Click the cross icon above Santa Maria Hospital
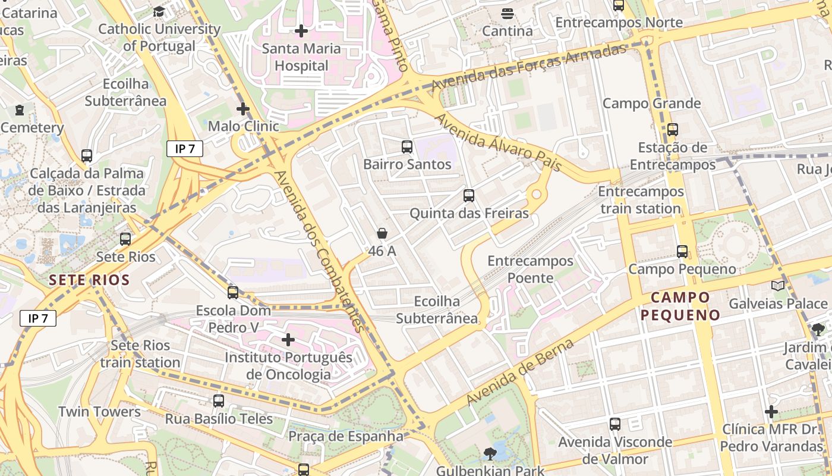[301, 30]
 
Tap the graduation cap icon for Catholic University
[159, 11]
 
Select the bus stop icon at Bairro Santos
[407, 146]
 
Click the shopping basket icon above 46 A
[382, 234]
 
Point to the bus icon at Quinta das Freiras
[469, 195]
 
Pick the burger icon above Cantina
[507, 13]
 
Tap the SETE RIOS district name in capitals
[89, 280]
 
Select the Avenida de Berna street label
[521, 372]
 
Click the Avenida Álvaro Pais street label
[498, 143]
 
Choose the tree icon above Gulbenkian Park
[490, 454]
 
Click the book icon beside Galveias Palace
[777, 286]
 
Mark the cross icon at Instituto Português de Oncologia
[288, 340]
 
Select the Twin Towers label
[99, 412]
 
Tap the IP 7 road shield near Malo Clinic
[185, 149]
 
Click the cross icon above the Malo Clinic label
[242, 109]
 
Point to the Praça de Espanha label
[346, 436]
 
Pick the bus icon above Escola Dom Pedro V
[233, 293]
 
